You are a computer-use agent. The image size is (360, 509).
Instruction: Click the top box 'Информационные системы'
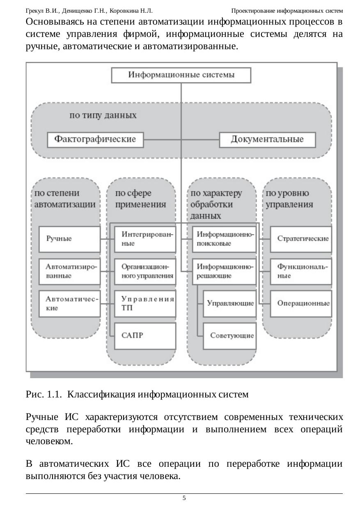(181, 75)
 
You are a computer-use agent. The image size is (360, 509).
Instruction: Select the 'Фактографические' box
(96, 139)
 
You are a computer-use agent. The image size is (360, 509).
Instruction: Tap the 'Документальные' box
(267, 139)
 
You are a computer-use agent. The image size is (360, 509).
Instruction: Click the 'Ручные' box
(69, 239)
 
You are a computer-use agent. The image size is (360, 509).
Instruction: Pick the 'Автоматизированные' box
(69, 271)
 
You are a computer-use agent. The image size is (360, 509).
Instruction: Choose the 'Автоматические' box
(69, 304)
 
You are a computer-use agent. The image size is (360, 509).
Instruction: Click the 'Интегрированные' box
(145, 239)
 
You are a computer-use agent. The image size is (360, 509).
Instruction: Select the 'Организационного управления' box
(145, 271)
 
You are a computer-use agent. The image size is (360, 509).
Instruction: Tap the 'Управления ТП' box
(145, 304)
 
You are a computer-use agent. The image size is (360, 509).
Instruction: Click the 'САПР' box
(145, 336)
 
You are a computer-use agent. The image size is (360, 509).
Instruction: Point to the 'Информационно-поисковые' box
(224, 239)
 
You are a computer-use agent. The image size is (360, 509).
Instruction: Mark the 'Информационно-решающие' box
(224, 271)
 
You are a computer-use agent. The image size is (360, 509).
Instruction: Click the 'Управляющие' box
(229, 304)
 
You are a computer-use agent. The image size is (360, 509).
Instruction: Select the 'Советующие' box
(229, 336)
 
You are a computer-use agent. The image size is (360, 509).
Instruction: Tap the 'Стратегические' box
(301, 239)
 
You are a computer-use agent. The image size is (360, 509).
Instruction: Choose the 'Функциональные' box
(301, 271)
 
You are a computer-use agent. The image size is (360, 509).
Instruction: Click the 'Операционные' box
(301, 304)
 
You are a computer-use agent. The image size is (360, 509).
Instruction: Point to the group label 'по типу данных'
(103, 116)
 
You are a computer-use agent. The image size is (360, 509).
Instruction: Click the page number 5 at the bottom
(184, 498)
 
